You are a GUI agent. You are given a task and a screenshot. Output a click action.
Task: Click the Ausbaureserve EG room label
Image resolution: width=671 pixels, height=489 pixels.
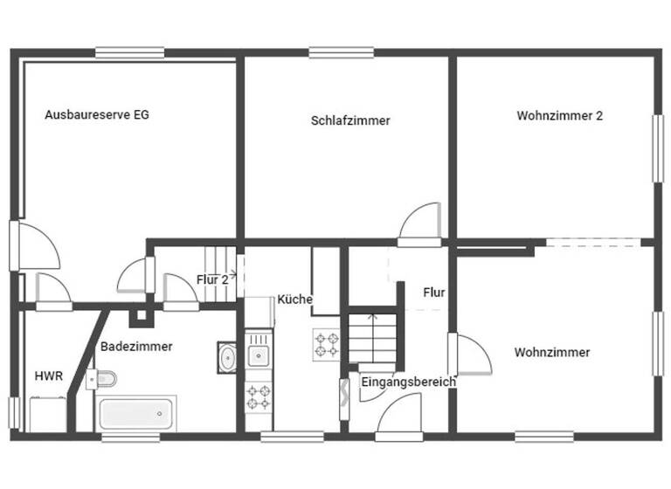click(x=96, y=114)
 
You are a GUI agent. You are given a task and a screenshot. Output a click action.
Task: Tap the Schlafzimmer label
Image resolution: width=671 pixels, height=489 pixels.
click(x=350, y=121)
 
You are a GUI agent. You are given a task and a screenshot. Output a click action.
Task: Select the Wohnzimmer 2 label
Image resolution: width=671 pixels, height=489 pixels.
click(x=559, y=114)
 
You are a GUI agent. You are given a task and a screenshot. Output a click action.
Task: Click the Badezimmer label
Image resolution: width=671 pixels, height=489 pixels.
click(x=136, y=346)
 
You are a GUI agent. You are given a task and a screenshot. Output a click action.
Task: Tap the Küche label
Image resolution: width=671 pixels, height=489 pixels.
click(x=294, y=300)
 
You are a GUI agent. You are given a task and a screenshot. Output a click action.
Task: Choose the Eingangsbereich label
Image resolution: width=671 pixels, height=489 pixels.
click(x=408, y=382)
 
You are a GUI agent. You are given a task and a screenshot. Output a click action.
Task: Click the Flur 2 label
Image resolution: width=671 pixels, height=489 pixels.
click(x=212, y=279)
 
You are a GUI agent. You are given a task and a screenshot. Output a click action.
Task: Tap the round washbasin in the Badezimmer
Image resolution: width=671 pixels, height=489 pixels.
click(x=227, y=356)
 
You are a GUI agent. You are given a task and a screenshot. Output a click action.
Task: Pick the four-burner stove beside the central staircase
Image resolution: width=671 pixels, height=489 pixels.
click(x=326, y=345)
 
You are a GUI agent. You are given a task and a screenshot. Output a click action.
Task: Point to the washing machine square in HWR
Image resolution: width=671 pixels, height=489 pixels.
click(x=48, y=414)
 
